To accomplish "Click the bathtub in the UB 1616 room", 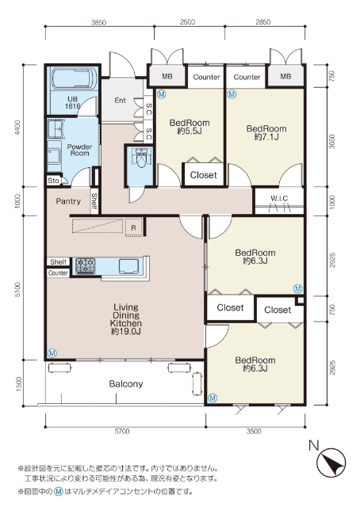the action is (x=74, y=78).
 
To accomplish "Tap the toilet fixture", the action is (x=141, y=158).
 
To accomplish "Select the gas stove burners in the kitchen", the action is (x=86, y=266).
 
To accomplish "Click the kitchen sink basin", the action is (x=128, y=266).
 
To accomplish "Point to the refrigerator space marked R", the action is (x=134, y=227).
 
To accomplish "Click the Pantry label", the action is (x=68, y=201).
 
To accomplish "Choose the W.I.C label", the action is (x=279, y=198).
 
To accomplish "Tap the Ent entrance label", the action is (x=120, y=101).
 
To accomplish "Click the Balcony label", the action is (x=126, y=383).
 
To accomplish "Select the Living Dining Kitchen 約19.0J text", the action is (x=126, y=319).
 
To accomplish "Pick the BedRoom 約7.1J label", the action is (x=266, y=132).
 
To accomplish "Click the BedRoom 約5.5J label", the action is (x=190, y=127).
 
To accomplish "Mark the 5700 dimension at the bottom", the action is (x=122, y=431).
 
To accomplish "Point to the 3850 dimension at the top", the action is (x=98, y=22).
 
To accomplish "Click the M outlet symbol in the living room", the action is (x=52, y=353).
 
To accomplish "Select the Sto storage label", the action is (x=53, y=181).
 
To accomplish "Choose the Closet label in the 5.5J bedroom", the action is (x=203, y=175).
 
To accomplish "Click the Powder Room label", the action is (x=79, y=150).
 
